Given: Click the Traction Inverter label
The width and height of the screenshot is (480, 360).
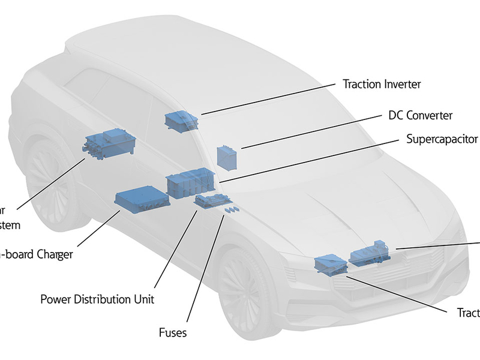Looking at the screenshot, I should pos(381,84).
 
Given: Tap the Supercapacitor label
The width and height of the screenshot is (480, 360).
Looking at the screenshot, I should pos(442,139).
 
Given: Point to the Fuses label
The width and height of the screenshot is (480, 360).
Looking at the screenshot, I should pos(173,332).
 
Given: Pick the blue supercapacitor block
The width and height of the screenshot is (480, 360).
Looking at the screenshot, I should pos(190,182).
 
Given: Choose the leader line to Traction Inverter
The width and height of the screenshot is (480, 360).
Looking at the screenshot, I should pos(270,98).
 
